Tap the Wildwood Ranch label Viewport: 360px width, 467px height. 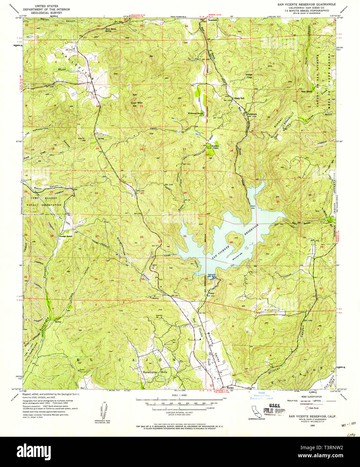(x=196, y=113)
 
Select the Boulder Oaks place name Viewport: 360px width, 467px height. (x=215, y=147)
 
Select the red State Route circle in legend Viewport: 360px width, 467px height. (x=306, y=408)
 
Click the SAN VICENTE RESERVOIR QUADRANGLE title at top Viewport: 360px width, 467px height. (x=306, y=4)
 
